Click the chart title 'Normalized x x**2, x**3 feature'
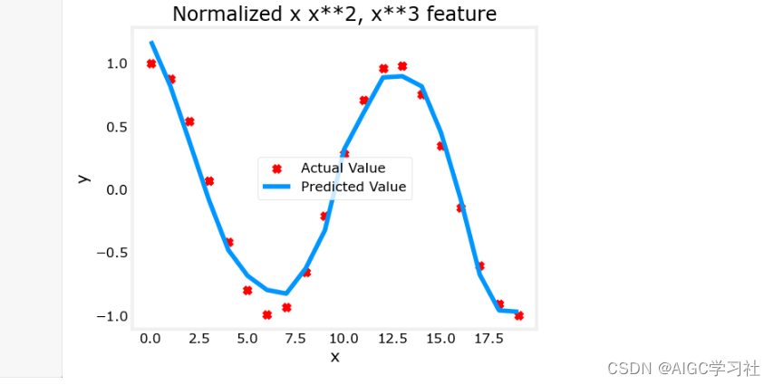(334, 14)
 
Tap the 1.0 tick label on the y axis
(117, 63)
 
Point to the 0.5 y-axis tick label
(117, 127)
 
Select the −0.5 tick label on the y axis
(112, 253)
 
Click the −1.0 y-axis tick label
(112, 316)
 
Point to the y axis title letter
(85, 178)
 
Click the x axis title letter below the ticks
(334, 357)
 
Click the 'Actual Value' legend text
(343, 168)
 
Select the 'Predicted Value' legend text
(353, 187)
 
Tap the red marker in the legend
(277, 168)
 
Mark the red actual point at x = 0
(151, 63)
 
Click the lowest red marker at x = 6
(267, 315)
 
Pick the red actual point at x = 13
(402, 66)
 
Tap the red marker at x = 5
(247, 290)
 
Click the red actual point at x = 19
(518, 315)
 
